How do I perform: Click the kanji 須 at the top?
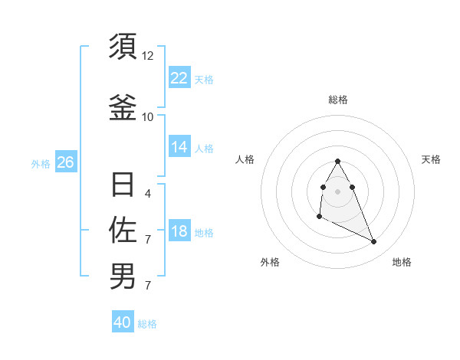123,47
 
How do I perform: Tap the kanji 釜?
123,107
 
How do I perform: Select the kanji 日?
123,185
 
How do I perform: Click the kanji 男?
123,276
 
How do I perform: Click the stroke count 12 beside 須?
148,56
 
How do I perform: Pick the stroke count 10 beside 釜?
148,116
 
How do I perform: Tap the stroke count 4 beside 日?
148,195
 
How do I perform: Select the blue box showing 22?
179,78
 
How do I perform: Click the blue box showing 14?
179,147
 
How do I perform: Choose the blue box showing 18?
179,232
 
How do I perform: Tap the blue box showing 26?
65,162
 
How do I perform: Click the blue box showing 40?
123,322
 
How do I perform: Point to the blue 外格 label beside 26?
41,163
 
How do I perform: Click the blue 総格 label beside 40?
147,324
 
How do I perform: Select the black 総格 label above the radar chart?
338,100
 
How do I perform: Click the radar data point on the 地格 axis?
374,242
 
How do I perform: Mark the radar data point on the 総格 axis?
338,162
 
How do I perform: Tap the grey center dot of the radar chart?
338,191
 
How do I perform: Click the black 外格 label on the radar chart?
270,262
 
